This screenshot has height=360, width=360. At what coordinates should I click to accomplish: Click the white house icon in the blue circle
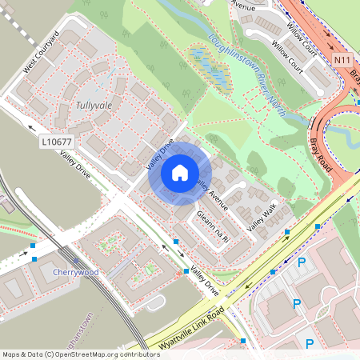(180, 172)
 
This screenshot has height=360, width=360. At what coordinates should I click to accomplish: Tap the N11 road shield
(342, 59)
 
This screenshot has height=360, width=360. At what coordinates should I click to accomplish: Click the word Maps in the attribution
(11, 354)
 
